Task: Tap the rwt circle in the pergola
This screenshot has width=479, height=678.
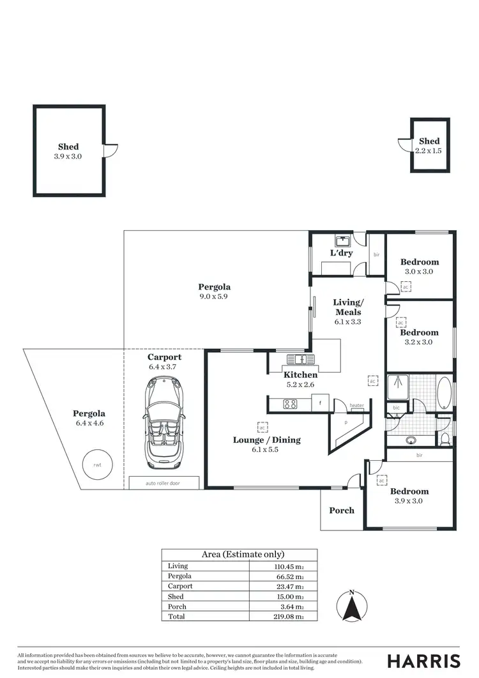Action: [97, 465]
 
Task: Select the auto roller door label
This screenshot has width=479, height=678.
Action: [163, 484]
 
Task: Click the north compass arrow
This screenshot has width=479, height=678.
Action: [351, 606]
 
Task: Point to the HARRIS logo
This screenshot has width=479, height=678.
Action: [423, 661]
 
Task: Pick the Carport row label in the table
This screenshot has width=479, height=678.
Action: [179, 586]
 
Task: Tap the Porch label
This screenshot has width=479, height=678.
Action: [341, 511]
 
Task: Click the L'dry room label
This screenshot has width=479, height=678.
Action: [341, 253]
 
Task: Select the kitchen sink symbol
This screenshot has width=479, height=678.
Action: [297, 359]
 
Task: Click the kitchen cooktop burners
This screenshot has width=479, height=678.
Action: [289, 404]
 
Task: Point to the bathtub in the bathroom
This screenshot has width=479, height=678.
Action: [443, 392]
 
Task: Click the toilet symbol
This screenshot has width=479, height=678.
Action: [445, 438]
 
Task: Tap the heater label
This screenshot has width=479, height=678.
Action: [356, 406]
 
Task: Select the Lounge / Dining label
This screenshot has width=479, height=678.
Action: [266, 440]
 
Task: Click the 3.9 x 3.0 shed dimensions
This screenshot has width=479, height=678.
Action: [68, 156]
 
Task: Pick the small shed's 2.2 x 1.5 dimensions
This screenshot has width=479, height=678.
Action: [429, 151]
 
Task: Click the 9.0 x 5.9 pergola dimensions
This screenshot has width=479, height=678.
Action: [214, 297]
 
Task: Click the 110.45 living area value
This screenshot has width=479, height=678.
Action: [285, 566]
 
